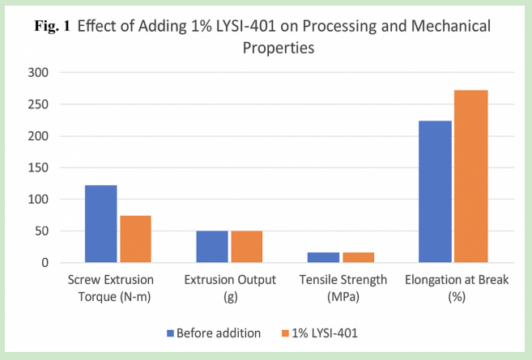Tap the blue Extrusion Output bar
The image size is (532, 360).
click(212, 247)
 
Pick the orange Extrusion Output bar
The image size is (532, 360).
click(246, 247)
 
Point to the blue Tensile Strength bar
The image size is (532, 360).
click(323, 257)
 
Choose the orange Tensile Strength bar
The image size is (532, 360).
click(357, 257)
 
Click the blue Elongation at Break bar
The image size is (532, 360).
click(434, 192)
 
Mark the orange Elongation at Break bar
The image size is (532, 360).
click(470, 176)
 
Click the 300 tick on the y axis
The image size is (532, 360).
click(38, 73)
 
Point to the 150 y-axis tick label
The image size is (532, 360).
click(38, 167)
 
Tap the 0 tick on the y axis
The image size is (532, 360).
click(45, 263)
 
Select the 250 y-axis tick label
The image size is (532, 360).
click(38, 104)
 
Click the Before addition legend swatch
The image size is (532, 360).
click(170, 332)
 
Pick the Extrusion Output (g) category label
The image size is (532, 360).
click(230, 288)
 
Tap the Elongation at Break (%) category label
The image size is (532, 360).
click(453, 288)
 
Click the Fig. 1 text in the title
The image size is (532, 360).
click(61, 27)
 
